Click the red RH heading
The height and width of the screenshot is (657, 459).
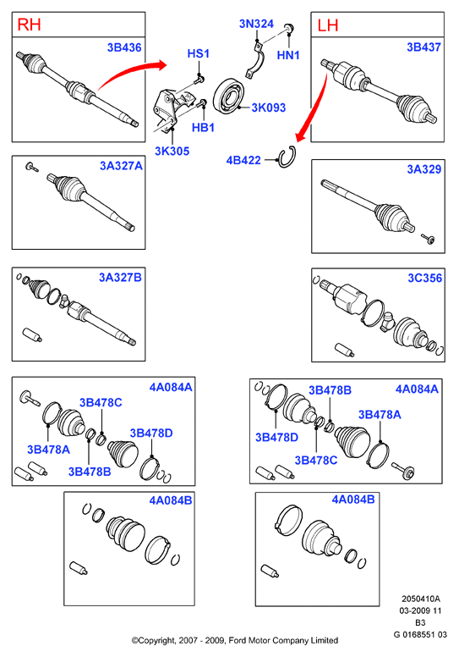tap(29, 25)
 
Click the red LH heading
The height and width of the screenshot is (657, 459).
tap(328, 25)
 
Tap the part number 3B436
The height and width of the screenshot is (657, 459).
tap(124, 47)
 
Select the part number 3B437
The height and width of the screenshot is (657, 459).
tap(423, 47)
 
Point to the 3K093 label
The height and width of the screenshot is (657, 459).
tap(269, 108)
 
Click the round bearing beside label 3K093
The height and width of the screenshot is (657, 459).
tap(228, 96)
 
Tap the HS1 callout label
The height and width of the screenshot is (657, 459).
tap(199, 53)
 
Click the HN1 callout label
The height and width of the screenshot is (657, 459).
tap(288, 55)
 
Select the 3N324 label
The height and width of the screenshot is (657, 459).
tap(256, 24)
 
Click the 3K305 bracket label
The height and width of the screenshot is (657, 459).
tap(172, 151)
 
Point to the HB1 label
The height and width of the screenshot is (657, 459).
tap(204, 127)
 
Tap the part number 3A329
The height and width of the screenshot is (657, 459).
tap(424, 169)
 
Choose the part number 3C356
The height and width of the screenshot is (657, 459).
tap(424, 279)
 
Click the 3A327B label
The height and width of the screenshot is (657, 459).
tap(121, 278)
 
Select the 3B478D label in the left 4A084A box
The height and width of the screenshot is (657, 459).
tap(151, 433)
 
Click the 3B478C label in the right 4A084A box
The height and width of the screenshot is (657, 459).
tap(316, 460)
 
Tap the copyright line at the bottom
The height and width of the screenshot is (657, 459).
tap(235, 640)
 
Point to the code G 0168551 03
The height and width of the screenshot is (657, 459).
tap(420, 634)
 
